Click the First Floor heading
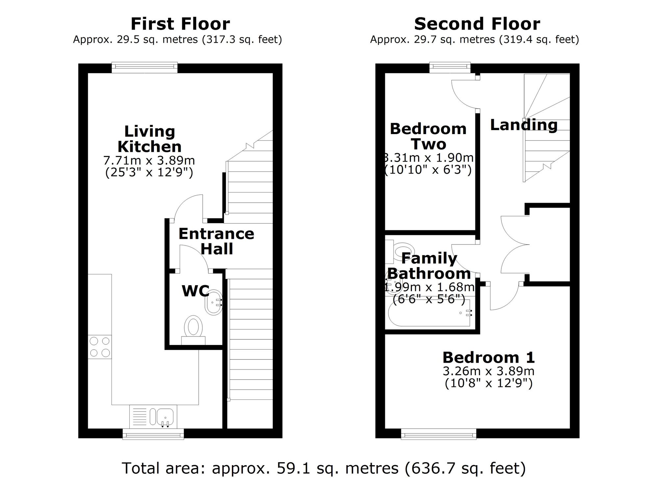tap(180, 24)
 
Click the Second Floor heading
tap(477, 24)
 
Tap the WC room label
tap(195, 291)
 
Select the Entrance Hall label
tap(216, 241)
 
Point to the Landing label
tap(524, 125)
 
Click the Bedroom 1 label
tap(489, 357)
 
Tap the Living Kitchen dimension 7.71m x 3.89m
tap(149, 161)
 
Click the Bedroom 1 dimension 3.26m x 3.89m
tap(489, 371)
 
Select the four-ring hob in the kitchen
tap(100, 347)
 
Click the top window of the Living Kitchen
tap(144, 68)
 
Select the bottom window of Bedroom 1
tap(439, 434)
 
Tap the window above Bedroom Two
tap(450, 68)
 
